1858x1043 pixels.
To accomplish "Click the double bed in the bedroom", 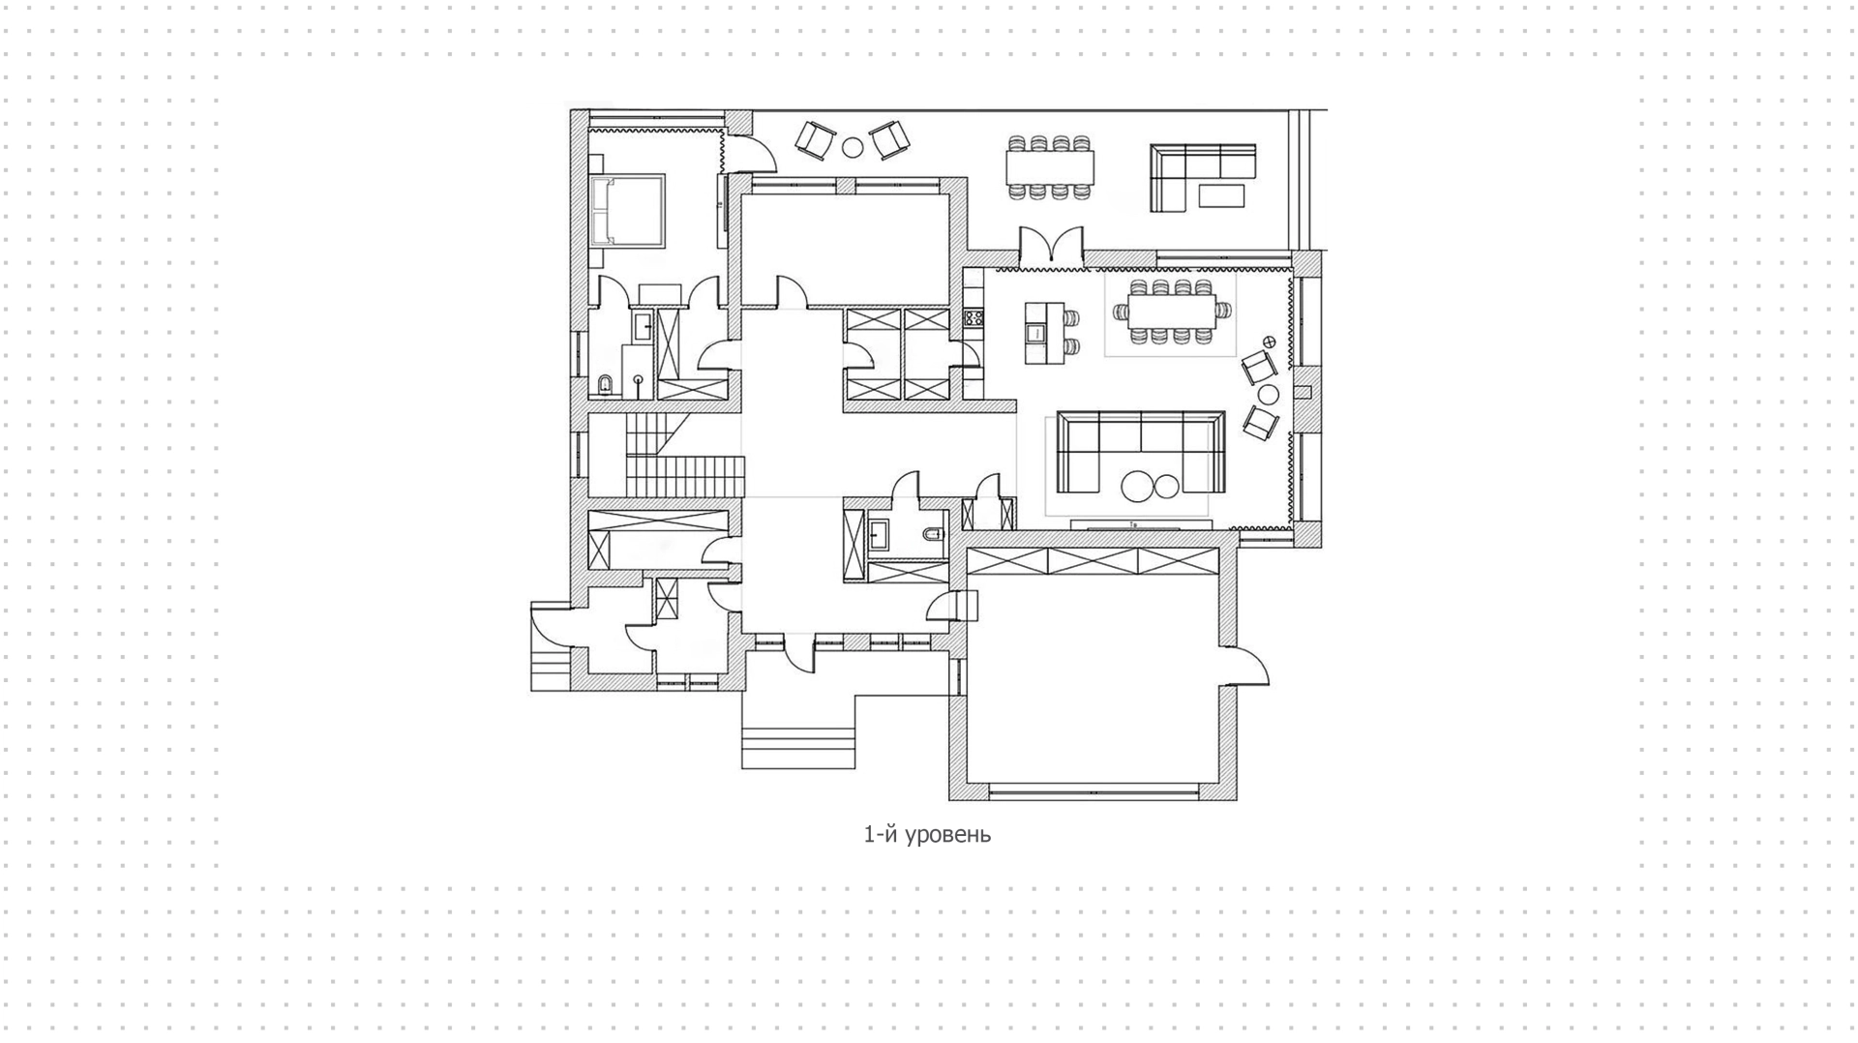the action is [628, 210].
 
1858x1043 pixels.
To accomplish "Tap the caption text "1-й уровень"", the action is [927, 834].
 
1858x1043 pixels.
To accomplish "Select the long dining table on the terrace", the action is [1050, 167].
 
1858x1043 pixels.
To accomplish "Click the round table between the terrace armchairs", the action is [853, 147].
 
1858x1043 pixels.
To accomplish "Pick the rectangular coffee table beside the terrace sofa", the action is [1223, 195].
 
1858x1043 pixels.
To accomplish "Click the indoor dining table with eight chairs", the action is [1172, 312].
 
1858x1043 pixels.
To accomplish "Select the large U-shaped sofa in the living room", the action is [1141, 451].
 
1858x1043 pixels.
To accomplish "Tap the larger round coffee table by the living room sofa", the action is [1138, 485].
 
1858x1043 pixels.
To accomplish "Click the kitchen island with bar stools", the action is [1036, 332].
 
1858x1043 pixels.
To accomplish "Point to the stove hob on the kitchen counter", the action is [974, 316].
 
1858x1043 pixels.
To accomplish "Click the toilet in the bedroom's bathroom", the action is [605, 386].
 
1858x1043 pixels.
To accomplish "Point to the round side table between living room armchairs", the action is [1268, 394].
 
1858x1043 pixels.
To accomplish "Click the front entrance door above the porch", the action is [798, 653].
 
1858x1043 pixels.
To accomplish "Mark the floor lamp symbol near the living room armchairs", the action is [1271, 342].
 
